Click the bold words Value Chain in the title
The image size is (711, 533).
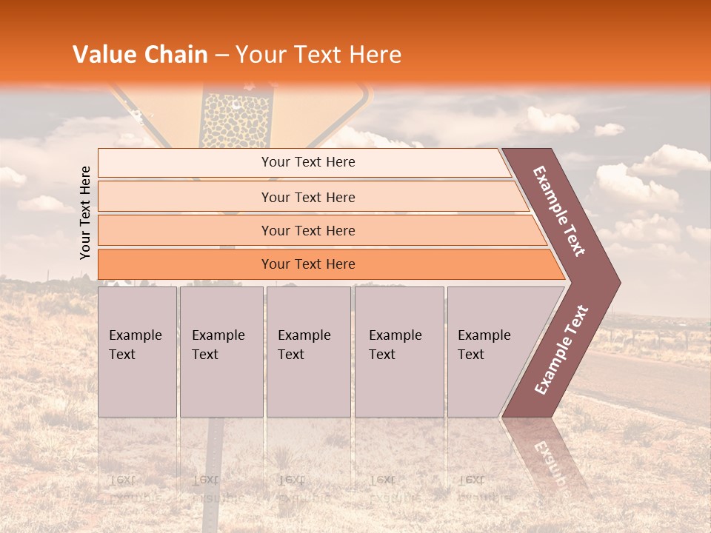point(140,55)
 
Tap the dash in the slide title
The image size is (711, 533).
point(221,56)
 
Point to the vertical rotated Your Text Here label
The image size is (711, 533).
point(86,212)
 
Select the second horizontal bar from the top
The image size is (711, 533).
point(307,197)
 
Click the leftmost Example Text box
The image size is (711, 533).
point(137,352)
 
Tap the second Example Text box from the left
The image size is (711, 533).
point(221,352)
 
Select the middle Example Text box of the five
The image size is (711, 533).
point(308,352)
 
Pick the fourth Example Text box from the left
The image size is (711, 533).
point(399,352)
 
